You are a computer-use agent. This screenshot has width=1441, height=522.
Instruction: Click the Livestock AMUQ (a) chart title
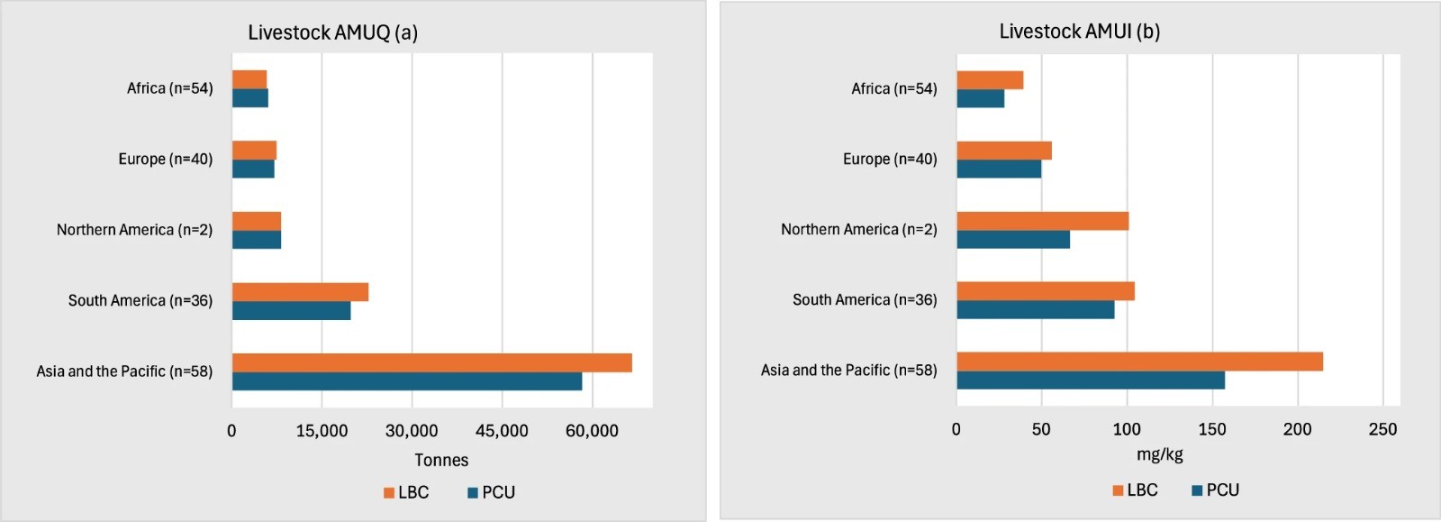pyautogui.click(x=332, y=32)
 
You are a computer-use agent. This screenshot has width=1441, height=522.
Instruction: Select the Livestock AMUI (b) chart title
pyautogui.click(x=1079, y=32)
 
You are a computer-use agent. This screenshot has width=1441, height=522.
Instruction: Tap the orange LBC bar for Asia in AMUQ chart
pyautogui.click(x=431, y=362)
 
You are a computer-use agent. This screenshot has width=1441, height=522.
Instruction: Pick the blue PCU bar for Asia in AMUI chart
pyautogui.click(x=1090, y=380)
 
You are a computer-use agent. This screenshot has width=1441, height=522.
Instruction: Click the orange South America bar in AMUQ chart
pyautogui.click(x=300, y=292)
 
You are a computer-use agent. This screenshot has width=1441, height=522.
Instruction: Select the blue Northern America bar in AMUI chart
pyautogui.click(x=1013, y=240)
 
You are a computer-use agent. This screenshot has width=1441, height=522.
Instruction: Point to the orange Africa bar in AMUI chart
pyautogui.click(x=990, y=80)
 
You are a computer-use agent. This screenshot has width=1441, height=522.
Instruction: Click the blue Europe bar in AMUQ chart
pyautogui.click(x=253, y=169)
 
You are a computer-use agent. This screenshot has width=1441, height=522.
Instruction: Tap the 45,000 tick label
pyautogui.click(x=502, y=431)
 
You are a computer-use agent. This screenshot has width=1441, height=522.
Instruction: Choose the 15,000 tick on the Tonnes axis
pyautogui.click(x=322, y=431)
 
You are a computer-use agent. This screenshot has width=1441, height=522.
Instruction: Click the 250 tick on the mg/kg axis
pyautogui.click(x=1382, y=429)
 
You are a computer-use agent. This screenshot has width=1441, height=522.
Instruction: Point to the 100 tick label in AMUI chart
pyautogui.click(x=1127, y=429)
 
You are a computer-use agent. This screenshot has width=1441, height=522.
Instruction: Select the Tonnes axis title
pyautogui.click(x=441, y=460)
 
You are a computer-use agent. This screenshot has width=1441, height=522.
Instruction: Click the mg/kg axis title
pyautogui.click(x=1159, y=454)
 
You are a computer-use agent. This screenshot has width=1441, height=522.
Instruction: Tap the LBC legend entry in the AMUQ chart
pyautogui.click(x=406, y=492)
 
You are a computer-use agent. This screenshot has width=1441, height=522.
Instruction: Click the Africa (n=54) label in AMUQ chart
pyautogui.click(x=169, y=88)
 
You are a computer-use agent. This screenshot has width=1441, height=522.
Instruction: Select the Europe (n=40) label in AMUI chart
pyautogui.click(x=890, y=159)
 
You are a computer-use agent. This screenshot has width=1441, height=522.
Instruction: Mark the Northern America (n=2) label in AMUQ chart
pyautogui.click(x=134, y=230)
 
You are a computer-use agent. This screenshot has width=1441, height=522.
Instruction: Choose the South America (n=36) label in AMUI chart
pyautogui.click(x=865, y=299)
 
